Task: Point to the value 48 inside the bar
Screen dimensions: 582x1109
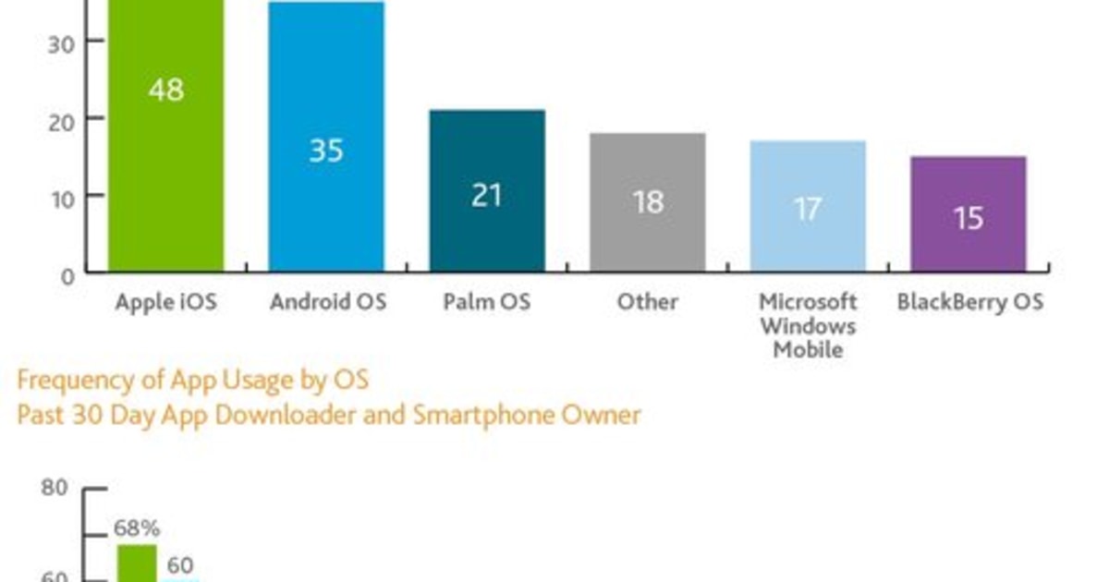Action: [x=166, y=91]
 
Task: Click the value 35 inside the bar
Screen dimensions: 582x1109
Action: [x=326, y=151]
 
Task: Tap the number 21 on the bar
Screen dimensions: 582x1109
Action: [x=487, y=195]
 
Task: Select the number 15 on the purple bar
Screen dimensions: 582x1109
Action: [x=968, y=218]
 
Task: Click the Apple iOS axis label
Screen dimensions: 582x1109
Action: [x=166, y=302]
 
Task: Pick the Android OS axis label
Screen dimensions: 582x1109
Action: [x=327, y=302]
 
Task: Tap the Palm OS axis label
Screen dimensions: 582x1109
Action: [x=487, y=302]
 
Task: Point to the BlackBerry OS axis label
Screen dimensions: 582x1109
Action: [x=969, y=302]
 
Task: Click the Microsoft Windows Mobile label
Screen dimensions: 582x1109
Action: [x=808, y=326]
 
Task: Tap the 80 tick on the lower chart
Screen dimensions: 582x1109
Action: [x=55, y=488]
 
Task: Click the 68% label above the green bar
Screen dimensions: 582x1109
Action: [x=137, y=529]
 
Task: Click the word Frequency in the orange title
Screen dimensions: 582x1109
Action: [x=73, y=380]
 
